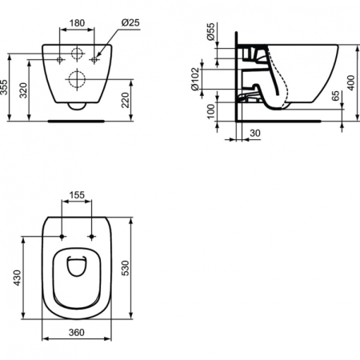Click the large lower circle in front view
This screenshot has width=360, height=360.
(77, 80)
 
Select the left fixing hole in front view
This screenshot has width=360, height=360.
(61, 60)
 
